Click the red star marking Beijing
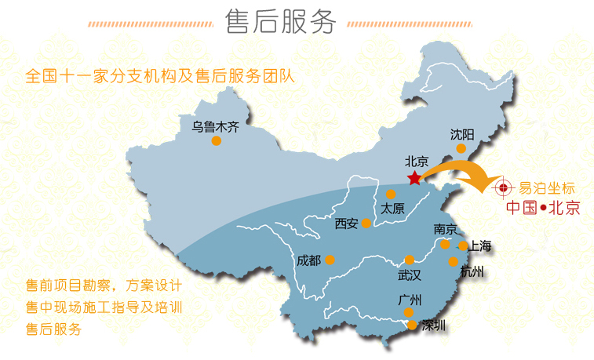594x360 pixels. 414,178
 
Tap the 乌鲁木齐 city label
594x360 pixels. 215,125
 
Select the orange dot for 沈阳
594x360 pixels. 461,148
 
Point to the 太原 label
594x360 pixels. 392,209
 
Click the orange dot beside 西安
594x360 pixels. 365,224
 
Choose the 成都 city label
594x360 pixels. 309,260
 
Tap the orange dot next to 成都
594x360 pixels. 330,260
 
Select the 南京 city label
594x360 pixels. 445,230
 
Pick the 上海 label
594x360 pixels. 479,246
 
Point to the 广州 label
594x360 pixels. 410,300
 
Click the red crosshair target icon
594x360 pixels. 501,187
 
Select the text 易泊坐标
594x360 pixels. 547,187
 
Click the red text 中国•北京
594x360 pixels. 542,208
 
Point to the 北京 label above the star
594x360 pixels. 416,162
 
